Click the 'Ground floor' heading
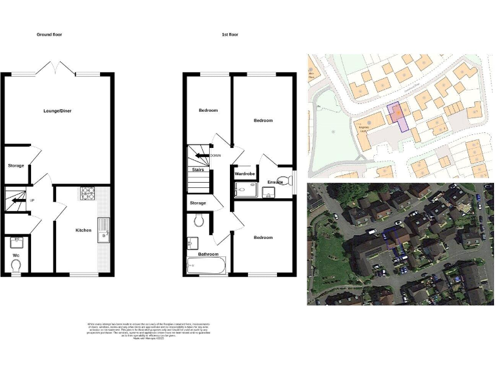click(50, 34)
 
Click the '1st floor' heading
click(229, 34)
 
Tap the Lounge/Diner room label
click(58, 111)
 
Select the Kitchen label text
click(83, 230)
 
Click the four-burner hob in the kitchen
click(88, 192)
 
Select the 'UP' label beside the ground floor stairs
click(32, 200)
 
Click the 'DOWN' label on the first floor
click(215, 155)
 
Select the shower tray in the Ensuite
click(246, 188)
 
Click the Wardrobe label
click(245, 174)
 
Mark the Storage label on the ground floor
click(16, 165)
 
